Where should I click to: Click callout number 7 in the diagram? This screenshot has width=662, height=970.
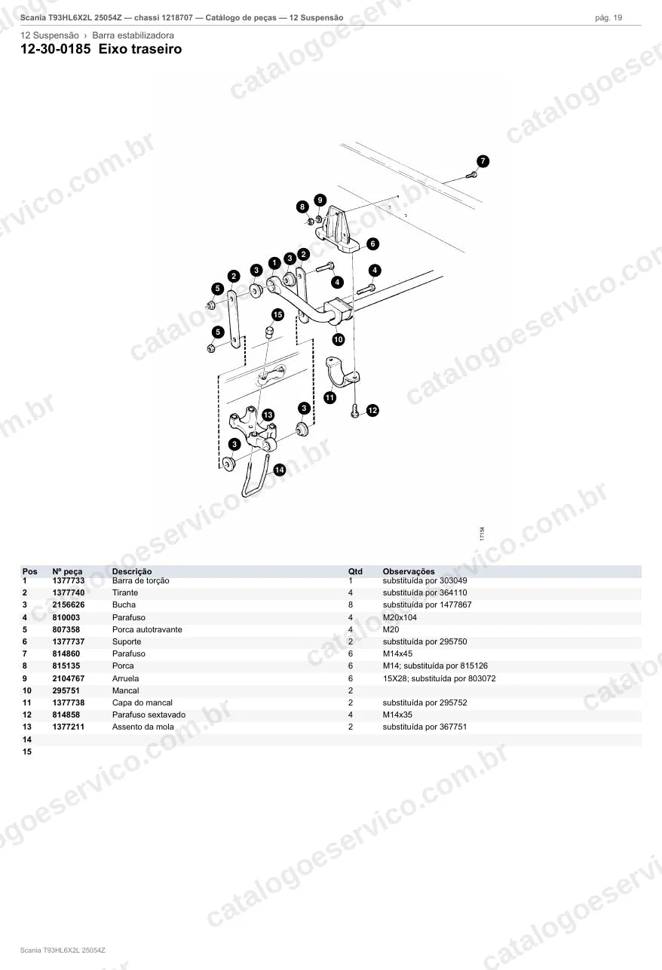point(483,161)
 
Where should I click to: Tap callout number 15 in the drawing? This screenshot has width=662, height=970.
point(277,315)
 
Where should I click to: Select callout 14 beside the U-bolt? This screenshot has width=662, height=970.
point(280,470)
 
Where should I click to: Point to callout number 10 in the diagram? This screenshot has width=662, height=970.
point(339,339)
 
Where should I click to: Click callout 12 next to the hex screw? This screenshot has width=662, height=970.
point(372,410)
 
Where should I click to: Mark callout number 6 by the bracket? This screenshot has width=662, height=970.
point(372,243)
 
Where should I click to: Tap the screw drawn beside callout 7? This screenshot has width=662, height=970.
point(471,176)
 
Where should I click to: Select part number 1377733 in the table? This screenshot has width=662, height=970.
point(69,580)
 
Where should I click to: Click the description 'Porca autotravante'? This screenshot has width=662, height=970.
point(147,629)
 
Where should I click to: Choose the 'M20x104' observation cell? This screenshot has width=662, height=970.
point(400,617)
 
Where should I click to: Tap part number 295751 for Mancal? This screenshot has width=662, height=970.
point(66,690)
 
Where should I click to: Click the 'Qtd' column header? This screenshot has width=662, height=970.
point(355,571)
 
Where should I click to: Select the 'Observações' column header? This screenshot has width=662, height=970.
point(409,571)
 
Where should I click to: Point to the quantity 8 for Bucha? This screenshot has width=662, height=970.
point(351,605)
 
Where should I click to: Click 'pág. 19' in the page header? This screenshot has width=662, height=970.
point(608,18)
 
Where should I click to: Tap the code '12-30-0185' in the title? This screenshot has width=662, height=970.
point(56,49)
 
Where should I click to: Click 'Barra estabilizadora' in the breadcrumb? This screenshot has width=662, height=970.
point(133,35)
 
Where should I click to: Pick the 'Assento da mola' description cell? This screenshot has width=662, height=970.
point(143,727)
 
